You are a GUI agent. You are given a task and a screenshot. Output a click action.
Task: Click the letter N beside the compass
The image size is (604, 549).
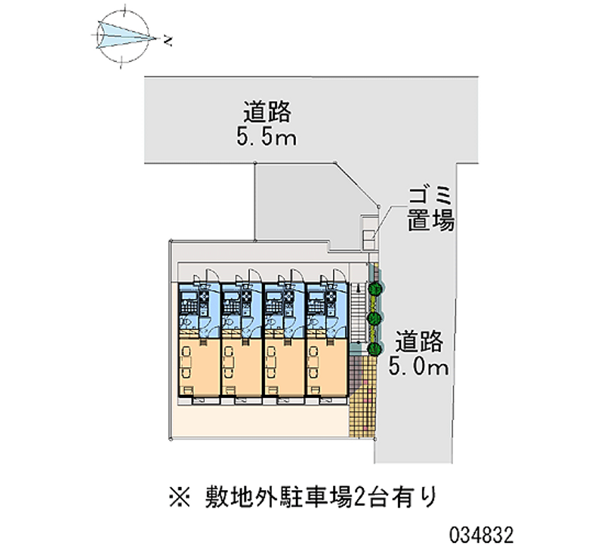tap(167, 41)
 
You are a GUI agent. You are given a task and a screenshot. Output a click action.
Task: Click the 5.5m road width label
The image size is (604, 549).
tap(267, 137)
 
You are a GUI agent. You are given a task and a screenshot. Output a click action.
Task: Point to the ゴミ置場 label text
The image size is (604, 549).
tap(430, 210)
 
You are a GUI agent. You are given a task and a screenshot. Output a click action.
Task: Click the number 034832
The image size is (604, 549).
tap(482, 535)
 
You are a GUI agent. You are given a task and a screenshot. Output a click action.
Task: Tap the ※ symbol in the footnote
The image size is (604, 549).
tap(180, 497)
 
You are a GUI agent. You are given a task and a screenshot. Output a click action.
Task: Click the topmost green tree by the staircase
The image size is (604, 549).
tap(374, 288)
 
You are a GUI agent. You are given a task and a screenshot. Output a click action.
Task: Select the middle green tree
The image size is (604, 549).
tap(374, 319)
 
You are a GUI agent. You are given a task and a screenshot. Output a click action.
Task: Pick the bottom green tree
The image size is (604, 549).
tap(374, 349)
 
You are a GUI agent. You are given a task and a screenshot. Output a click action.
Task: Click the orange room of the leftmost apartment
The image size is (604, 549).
tap(199, 367)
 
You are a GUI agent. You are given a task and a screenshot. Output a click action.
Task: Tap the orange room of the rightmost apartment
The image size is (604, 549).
tap(327, 367)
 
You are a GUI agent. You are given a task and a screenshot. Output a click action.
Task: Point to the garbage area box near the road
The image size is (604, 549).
tap(368, 233)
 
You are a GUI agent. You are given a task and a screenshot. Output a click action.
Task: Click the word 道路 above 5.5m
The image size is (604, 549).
tap(267, 112)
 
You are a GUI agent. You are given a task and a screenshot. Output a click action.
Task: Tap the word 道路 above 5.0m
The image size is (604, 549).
tap(419, 342)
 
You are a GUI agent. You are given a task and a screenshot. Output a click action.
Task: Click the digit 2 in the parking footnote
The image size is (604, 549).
tap(359, 498)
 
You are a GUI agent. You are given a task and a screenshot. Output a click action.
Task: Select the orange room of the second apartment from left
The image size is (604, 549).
tap(242, 367)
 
